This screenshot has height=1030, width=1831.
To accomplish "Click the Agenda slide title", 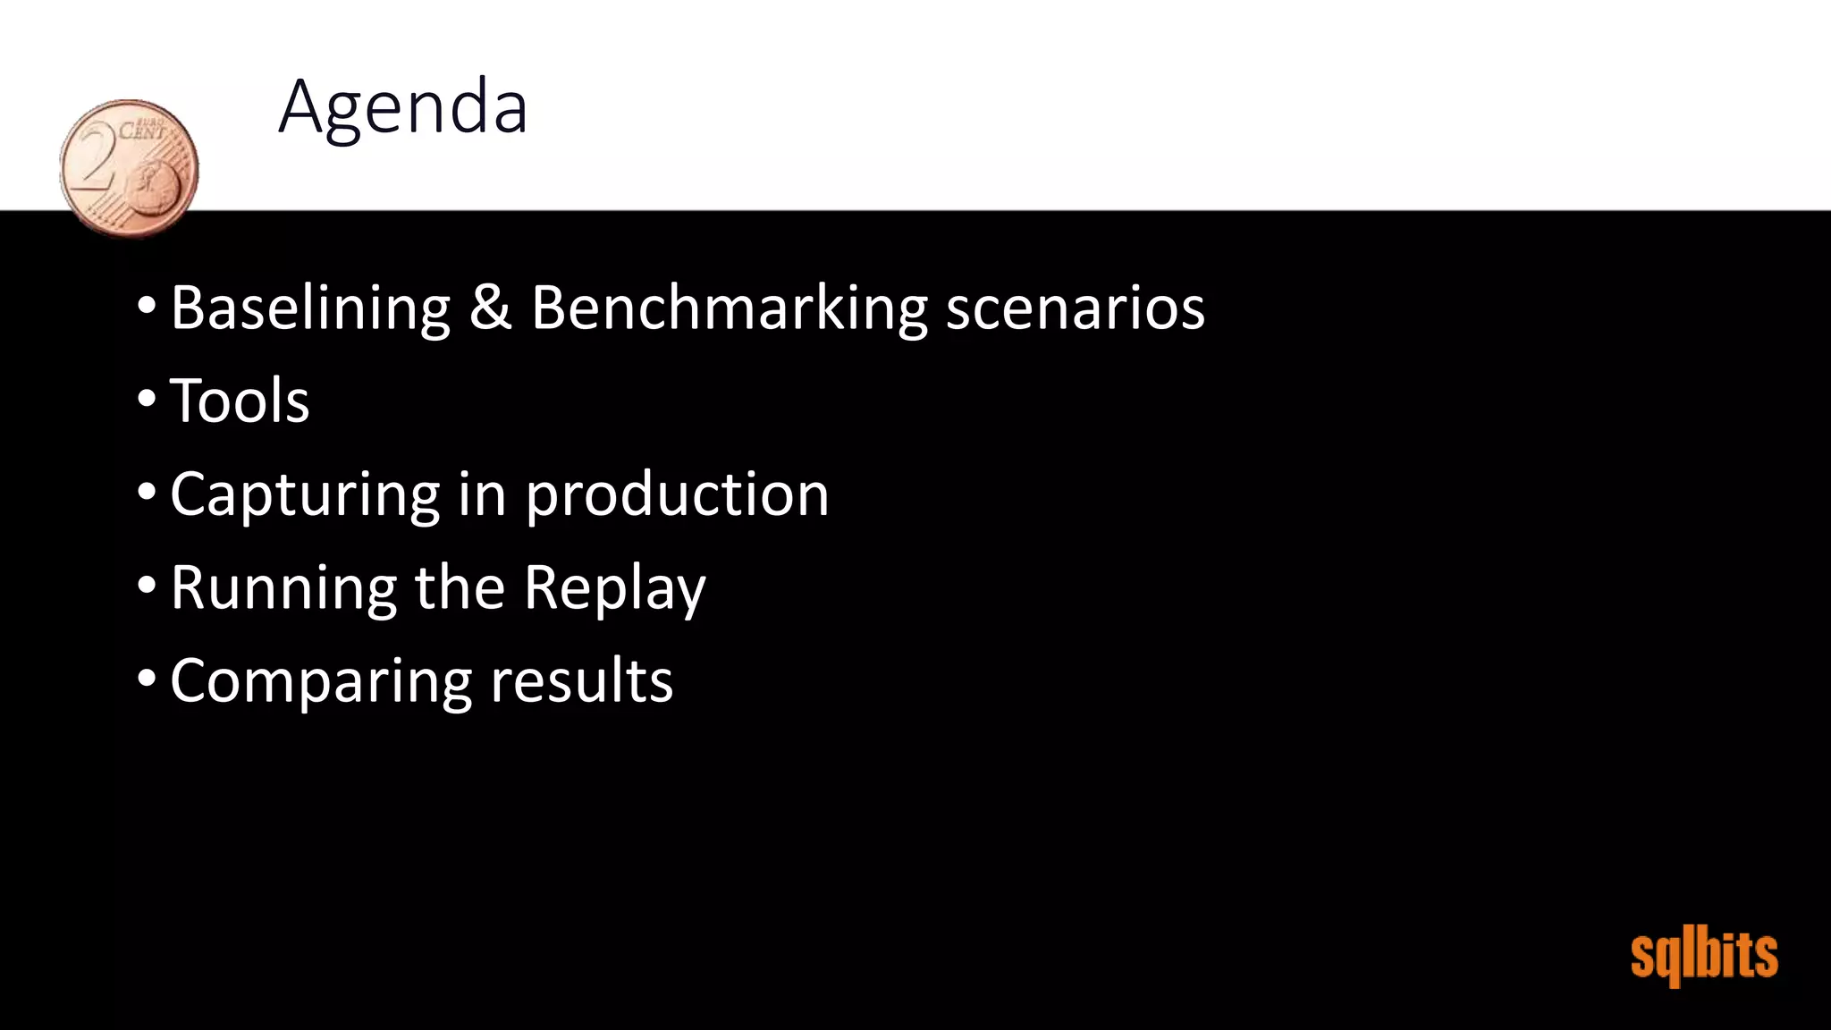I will tap(403, 107).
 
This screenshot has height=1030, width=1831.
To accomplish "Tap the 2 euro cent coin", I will tap(130, 168).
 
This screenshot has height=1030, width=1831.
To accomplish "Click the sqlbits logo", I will tap(1703, 956).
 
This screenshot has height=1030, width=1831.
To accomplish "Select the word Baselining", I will tap(310, 308).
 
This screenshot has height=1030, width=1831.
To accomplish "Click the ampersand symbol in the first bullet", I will tap(490, 308).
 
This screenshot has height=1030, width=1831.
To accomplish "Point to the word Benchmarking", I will tap(730, 308).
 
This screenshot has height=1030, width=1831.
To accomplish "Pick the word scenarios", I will tap(1075, 308).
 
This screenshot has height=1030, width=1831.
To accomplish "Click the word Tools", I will tap(240, 401).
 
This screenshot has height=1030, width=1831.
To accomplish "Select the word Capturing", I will tap(305, 495).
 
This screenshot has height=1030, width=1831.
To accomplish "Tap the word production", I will tap(677, 495).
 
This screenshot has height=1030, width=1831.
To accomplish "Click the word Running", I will tap(283, 588).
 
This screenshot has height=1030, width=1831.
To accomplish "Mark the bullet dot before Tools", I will tap(147, 398).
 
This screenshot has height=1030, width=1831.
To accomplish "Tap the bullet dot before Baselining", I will tap(147, 305).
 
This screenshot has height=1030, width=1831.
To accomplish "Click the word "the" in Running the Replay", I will tap(460, 587).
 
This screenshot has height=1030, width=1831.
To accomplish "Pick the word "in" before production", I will tap(482, 494).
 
